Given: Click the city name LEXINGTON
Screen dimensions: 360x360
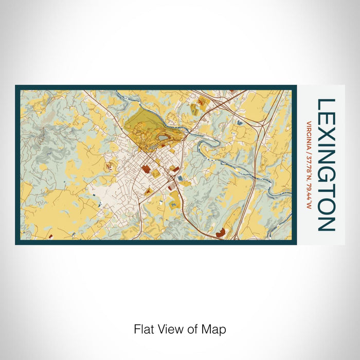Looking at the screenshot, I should click(x=327, y=165).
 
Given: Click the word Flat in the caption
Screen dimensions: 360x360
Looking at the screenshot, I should click(x=144, y=329).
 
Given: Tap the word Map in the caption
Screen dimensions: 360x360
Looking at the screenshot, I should click(x=216, y=329).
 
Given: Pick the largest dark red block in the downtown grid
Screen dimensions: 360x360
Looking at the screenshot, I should click(x=146, y=169).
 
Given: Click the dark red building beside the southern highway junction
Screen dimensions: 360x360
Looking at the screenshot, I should click(x=220, y=233).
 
